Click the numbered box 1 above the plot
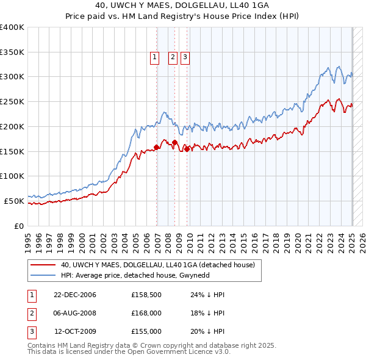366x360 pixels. (x=154, y=58)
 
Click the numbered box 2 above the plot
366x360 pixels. (x=172, y=58)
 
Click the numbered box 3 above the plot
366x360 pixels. (x=184, y=58)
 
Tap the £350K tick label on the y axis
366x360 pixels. (x=12, y=52)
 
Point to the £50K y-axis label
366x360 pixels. (x=15, y=201)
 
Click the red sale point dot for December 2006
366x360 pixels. (x=157, y=147)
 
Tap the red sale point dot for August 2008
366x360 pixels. (x=174, y=142)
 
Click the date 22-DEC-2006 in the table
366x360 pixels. (x=75, y=295)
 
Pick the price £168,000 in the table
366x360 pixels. (x=146, y=313)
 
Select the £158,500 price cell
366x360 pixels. (x=146, y=295)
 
